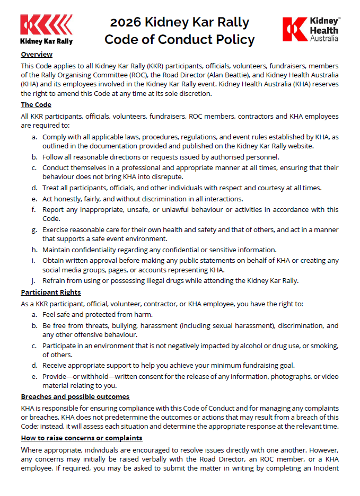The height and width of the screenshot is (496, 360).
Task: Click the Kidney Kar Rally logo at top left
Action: (47, 30)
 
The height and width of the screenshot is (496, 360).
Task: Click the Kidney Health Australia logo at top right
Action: (311, 30)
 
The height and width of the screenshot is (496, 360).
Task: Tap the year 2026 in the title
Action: (126, 23)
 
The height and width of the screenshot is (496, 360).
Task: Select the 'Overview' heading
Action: (37, 55)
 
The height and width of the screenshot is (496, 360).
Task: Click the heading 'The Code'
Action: (36, 105)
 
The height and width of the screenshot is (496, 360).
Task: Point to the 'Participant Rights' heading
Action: (51, 292)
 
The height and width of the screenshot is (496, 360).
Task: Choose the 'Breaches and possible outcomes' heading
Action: (75, 396)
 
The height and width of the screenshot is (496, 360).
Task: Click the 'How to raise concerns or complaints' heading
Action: (81, 438)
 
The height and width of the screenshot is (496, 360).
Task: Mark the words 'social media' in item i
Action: (64, 270)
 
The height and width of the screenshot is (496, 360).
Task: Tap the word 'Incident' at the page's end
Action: (324, 468)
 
